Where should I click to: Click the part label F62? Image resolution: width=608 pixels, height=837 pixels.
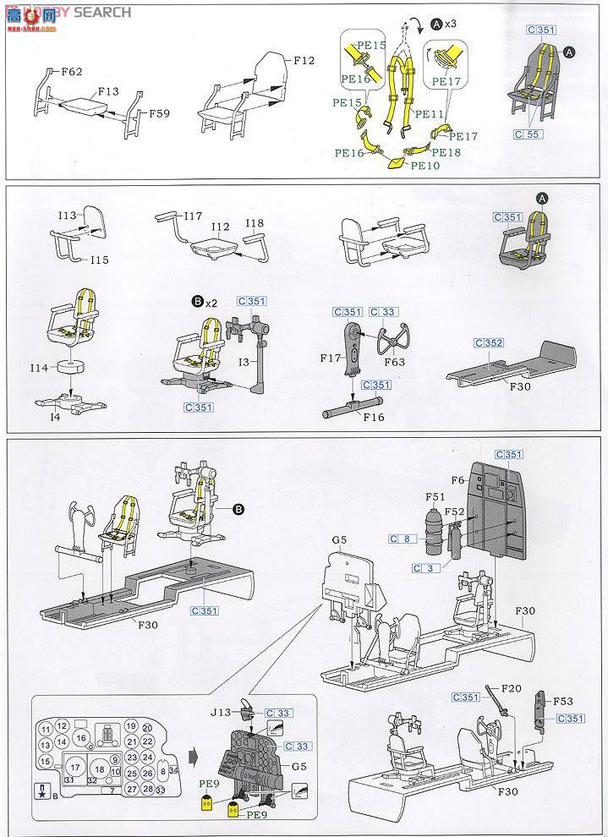tap(71, 72)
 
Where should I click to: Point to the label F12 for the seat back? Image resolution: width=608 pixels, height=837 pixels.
tap(304, 61)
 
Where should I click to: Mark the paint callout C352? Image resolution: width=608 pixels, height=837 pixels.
tap(489, 343)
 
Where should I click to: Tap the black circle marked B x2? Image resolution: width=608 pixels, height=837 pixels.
tap(198, 301)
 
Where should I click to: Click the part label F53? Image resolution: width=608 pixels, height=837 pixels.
tap(564, 701)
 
